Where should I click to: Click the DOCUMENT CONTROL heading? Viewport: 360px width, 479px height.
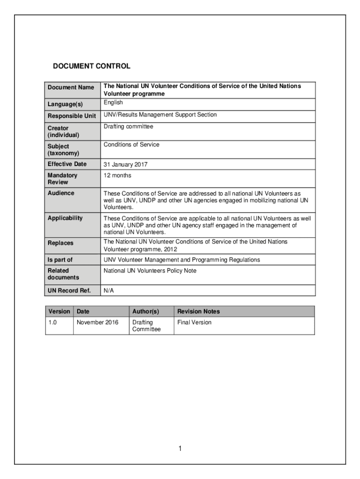pos(91,66)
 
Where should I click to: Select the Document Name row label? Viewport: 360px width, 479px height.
pos(71,87)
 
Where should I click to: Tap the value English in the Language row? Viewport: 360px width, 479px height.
pos(113,102)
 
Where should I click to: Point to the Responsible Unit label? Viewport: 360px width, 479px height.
pos(72,116)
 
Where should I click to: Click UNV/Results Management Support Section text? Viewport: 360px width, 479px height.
pos(160,115)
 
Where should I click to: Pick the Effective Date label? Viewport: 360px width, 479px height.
pos(67,164)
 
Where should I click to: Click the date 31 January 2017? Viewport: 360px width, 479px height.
pos(125,165)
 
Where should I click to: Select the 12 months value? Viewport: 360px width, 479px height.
pos(117,175)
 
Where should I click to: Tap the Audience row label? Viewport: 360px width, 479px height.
pos(61,193)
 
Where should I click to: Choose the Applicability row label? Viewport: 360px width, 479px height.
pos(65,218)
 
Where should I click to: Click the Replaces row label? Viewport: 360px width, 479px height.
pos(60,243)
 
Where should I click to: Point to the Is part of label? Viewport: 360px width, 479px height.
pos(60,260)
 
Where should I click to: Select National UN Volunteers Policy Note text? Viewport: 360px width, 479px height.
pos(150,271)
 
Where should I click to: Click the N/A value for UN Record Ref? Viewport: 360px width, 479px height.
pos(108,291)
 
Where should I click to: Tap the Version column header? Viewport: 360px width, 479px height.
pos(59,312)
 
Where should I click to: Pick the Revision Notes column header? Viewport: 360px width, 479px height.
pos(198,312)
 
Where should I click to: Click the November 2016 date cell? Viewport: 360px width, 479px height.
pos(97,322)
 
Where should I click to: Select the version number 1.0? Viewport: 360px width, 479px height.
pos(53,322)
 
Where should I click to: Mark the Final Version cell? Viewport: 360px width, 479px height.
pos(194,322)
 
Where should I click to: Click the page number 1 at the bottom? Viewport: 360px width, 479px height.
pos(180,449)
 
